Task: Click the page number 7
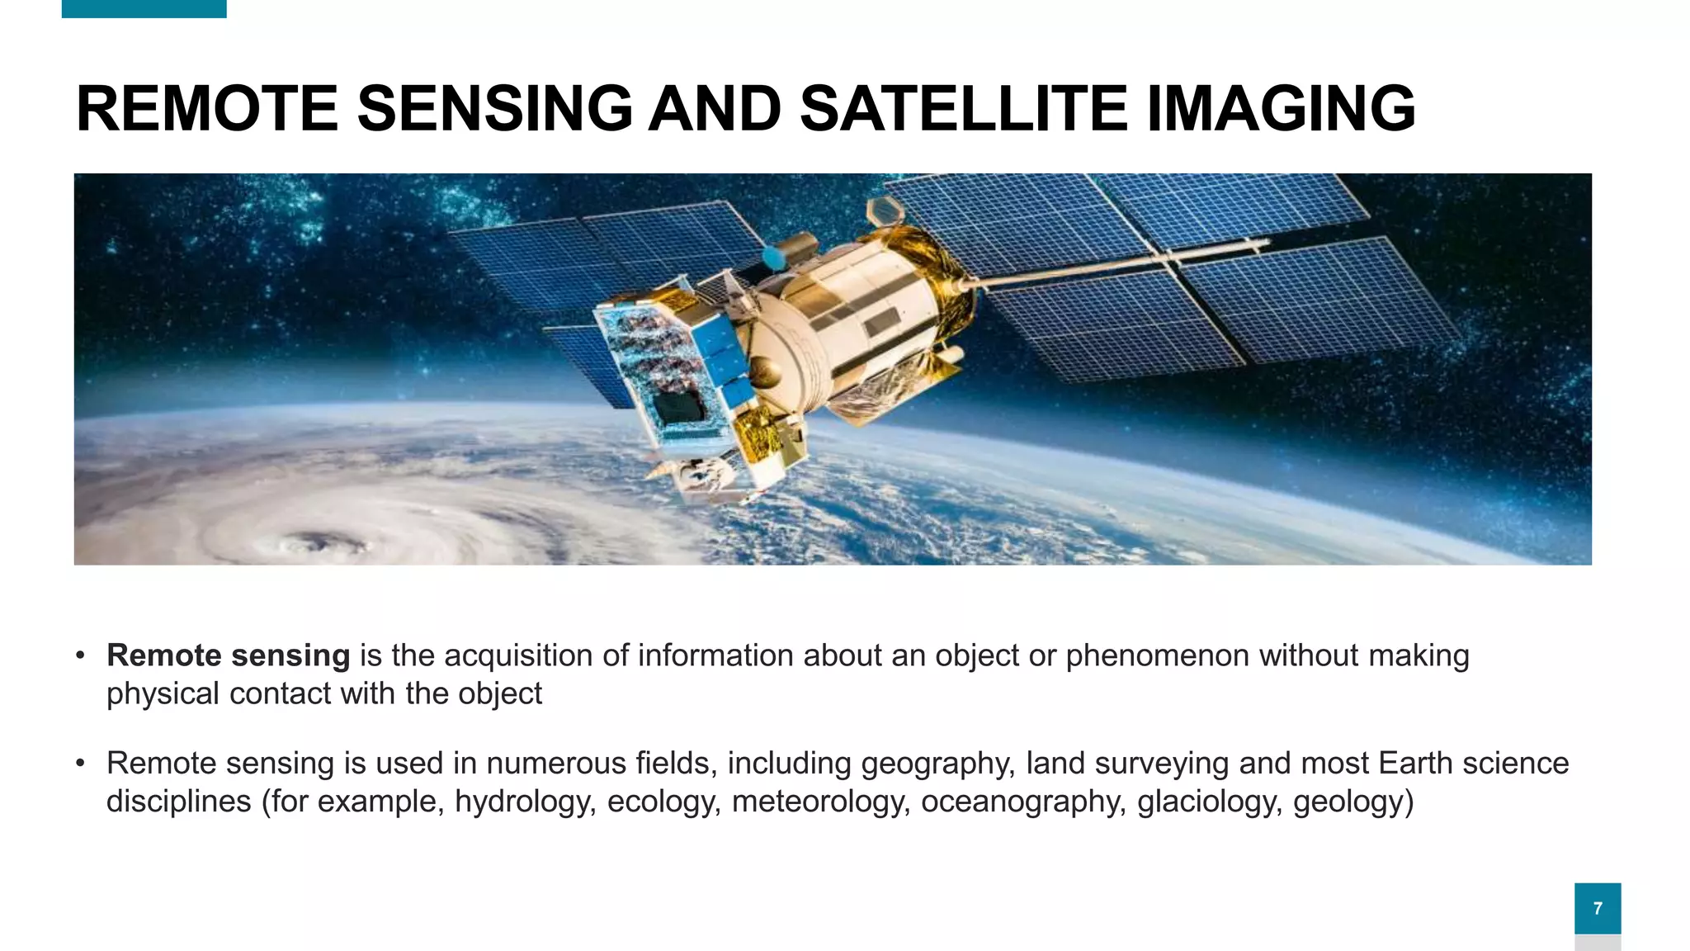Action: [1598, 908]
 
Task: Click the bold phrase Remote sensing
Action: [229, 655]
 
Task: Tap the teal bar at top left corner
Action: [144, 8]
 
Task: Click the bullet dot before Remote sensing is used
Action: [80, 764]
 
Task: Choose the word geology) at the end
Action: [1353, 802]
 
